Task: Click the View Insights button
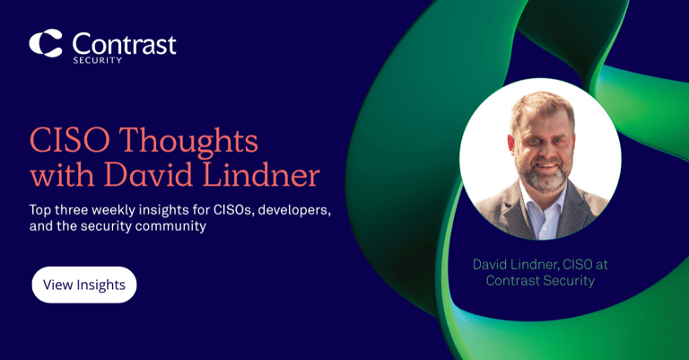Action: coord(84,285)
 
